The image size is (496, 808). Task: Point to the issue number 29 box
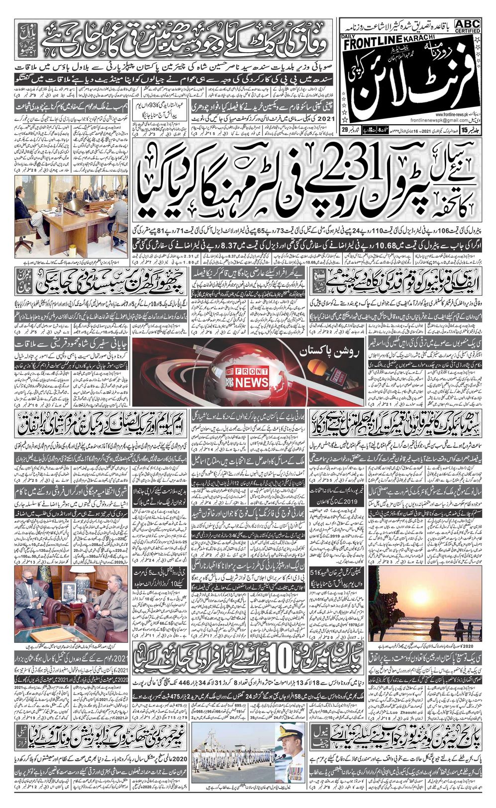click(x=345, y=130)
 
